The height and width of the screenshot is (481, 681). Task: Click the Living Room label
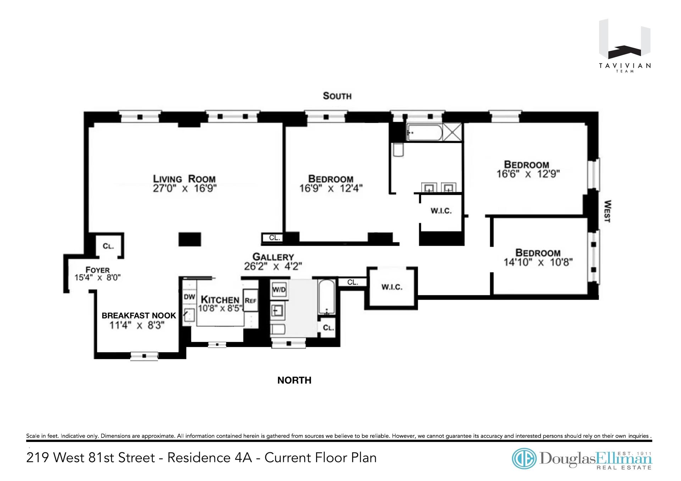click(184, 179)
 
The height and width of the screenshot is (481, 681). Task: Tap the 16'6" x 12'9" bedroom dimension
click(528, 174)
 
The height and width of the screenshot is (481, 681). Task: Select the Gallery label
click(273, 257)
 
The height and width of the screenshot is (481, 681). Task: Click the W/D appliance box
click(279, 290)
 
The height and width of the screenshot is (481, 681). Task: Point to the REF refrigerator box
click(250, 300)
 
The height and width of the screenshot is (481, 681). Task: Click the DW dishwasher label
click(189, 297)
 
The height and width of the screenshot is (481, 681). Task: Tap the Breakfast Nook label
click(139, 315)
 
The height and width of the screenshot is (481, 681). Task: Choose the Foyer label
click(98, 270)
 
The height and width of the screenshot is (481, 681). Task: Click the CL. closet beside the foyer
click(108, 246)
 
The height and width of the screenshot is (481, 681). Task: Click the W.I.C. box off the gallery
click(392, 287)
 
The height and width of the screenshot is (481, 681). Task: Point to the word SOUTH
click(337, 96)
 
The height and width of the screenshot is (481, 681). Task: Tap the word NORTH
click(294, 380)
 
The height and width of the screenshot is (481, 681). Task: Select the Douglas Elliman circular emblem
click(524, 459)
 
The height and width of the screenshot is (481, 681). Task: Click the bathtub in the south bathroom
click(424, 133)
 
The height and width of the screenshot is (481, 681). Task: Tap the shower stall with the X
click(453, 132)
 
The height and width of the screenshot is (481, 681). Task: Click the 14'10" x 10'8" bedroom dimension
click(538, 262)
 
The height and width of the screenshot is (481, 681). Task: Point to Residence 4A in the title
click(209, 458)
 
